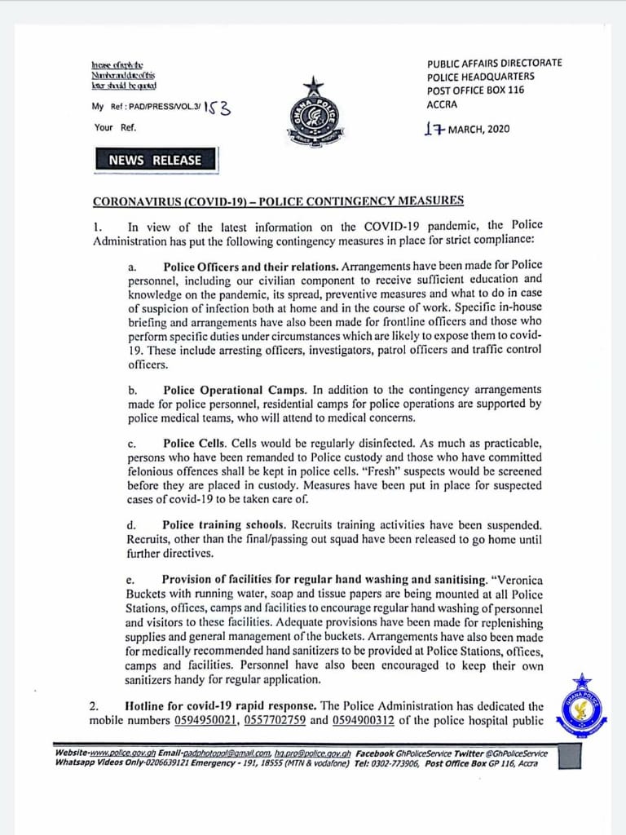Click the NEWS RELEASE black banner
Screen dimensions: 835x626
click(154, 160)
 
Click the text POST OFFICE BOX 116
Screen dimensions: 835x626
click(475, 91)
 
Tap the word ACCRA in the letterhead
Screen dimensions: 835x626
click(443, 104)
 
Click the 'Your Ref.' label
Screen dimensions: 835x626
click(114, 127)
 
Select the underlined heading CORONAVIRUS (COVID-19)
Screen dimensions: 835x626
click(278, 201)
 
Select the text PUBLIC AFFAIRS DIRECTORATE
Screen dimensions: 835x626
click(494, 63)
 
